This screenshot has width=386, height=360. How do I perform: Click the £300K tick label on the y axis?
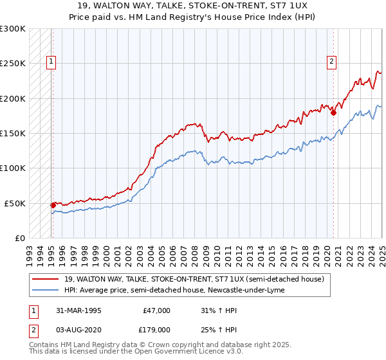coord(13,29)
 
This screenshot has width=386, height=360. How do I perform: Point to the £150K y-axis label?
coord(13,133)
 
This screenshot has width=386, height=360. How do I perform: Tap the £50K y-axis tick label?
coord(15,203)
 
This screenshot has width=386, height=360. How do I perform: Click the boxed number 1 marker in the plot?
coord(51,62)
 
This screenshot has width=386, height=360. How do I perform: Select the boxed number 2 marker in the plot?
coord(331,62)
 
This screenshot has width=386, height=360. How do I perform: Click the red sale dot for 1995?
coord(53,205)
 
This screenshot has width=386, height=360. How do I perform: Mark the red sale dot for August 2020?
coord(333,113)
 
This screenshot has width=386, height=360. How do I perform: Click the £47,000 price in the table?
coord(157,310)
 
